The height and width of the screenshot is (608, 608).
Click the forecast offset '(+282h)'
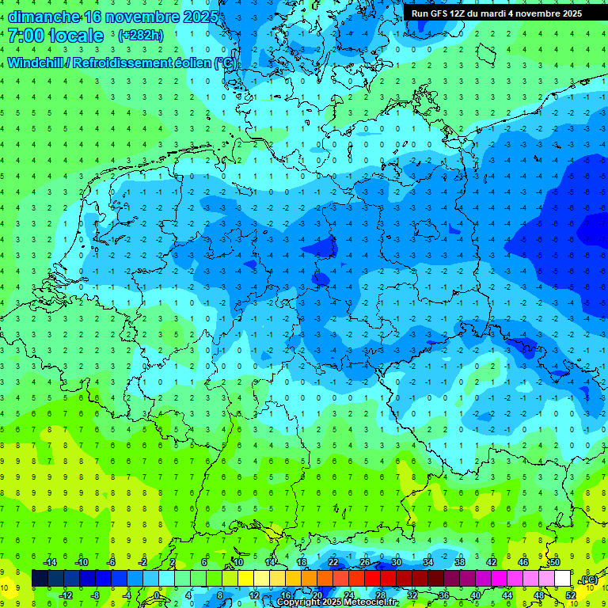(142, 36)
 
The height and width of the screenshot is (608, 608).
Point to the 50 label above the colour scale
(555, 562)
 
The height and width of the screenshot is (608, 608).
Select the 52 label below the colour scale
(569, 595)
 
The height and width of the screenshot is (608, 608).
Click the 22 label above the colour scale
(333, 562)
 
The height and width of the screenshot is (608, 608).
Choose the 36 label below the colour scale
(443, 595)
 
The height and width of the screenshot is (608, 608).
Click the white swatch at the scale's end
(562, 579)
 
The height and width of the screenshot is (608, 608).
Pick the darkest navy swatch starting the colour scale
(40, 579)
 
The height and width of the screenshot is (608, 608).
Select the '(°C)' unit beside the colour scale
(588, 579)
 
